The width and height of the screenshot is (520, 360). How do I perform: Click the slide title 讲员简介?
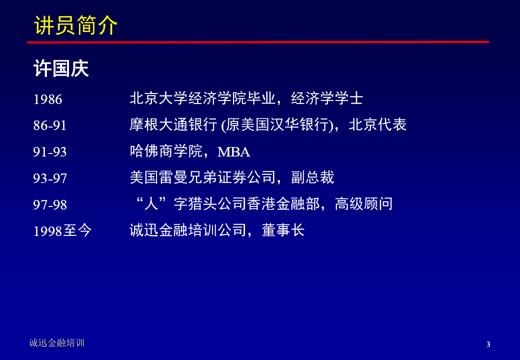click(x=75, y=25)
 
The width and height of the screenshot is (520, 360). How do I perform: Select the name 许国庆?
click(x=61, y=68)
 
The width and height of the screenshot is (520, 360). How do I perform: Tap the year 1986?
click(x=48, y=99)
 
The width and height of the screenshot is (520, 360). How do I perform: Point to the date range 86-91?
click(x=49, y=125)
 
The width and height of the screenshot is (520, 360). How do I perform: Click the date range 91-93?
click(x=49, y=152)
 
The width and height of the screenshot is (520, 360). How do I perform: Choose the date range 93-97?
click(x=49, y=178)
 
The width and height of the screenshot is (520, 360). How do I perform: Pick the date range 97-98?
click(x=49, y=205)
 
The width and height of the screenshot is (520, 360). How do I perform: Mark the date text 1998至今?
click(x=62, y=230)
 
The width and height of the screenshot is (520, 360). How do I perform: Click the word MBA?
click(x=234, y=152)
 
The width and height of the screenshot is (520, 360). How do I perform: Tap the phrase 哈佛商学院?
click(x=166, y=151)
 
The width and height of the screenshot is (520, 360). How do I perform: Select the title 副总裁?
click(x=312, y=177)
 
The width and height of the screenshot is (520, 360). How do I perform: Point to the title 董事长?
click(x=283, y=230)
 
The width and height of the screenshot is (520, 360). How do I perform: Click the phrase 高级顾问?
click(x=364, y=203)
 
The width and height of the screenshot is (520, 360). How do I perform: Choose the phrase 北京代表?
click(x=377, y=124)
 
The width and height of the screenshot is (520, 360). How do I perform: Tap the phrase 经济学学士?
click(x=327, y=98)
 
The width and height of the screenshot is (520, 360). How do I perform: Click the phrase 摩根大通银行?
click(x=173, y=124)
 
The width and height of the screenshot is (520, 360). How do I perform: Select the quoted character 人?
click(x=151, y=203)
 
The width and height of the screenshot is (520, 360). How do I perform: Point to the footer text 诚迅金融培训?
click(x=56, y=343)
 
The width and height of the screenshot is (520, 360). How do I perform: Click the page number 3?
click(x=488, y=344)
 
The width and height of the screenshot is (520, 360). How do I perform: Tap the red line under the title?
click(x=258, y=42)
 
